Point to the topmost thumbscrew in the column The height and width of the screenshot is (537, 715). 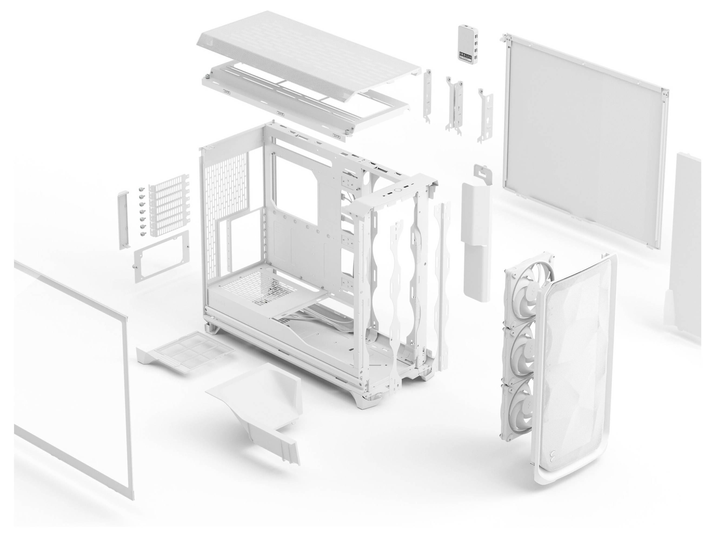[141, 190]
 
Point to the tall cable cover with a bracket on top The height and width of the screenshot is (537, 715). [475, 226]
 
